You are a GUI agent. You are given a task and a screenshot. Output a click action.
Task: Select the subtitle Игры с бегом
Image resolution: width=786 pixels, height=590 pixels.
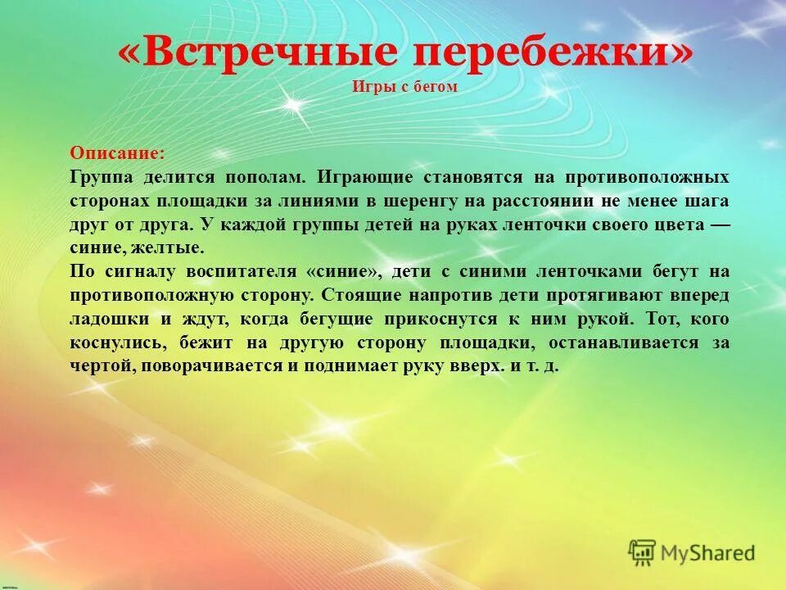point(404,87)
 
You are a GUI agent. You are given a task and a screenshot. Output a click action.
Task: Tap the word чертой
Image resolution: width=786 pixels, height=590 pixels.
point(102,366)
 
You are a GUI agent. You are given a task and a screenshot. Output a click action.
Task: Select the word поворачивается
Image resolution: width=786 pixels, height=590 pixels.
point(211,366)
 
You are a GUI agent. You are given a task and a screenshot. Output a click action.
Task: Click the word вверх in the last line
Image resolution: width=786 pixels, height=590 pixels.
point(477,366)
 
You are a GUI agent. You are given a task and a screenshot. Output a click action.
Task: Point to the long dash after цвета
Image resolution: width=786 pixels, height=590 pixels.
point(718,225)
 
